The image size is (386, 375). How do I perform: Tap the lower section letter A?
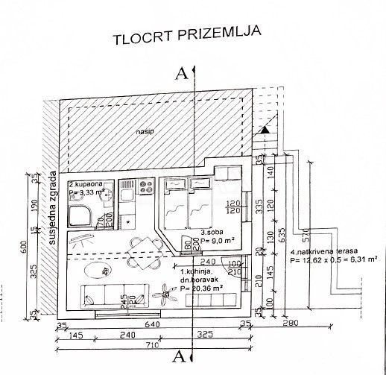pos(179,353)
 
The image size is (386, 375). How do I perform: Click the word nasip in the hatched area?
pos(145,132)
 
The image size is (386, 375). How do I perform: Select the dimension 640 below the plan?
pos(154,324)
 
